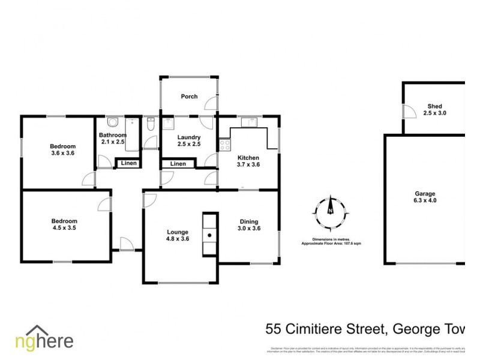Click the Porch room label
tap(189, 97)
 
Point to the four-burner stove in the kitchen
tap(224, 144)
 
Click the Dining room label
tap(248, 221)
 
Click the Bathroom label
tap(112, 135)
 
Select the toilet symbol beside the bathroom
tap(151, 124)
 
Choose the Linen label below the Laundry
tap(178, 164)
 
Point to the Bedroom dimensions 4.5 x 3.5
tap(64, 228)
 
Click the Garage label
tap(424, 194)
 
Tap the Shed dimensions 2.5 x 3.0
tap(434, 113)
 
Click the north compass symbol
tap(329, 211)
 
